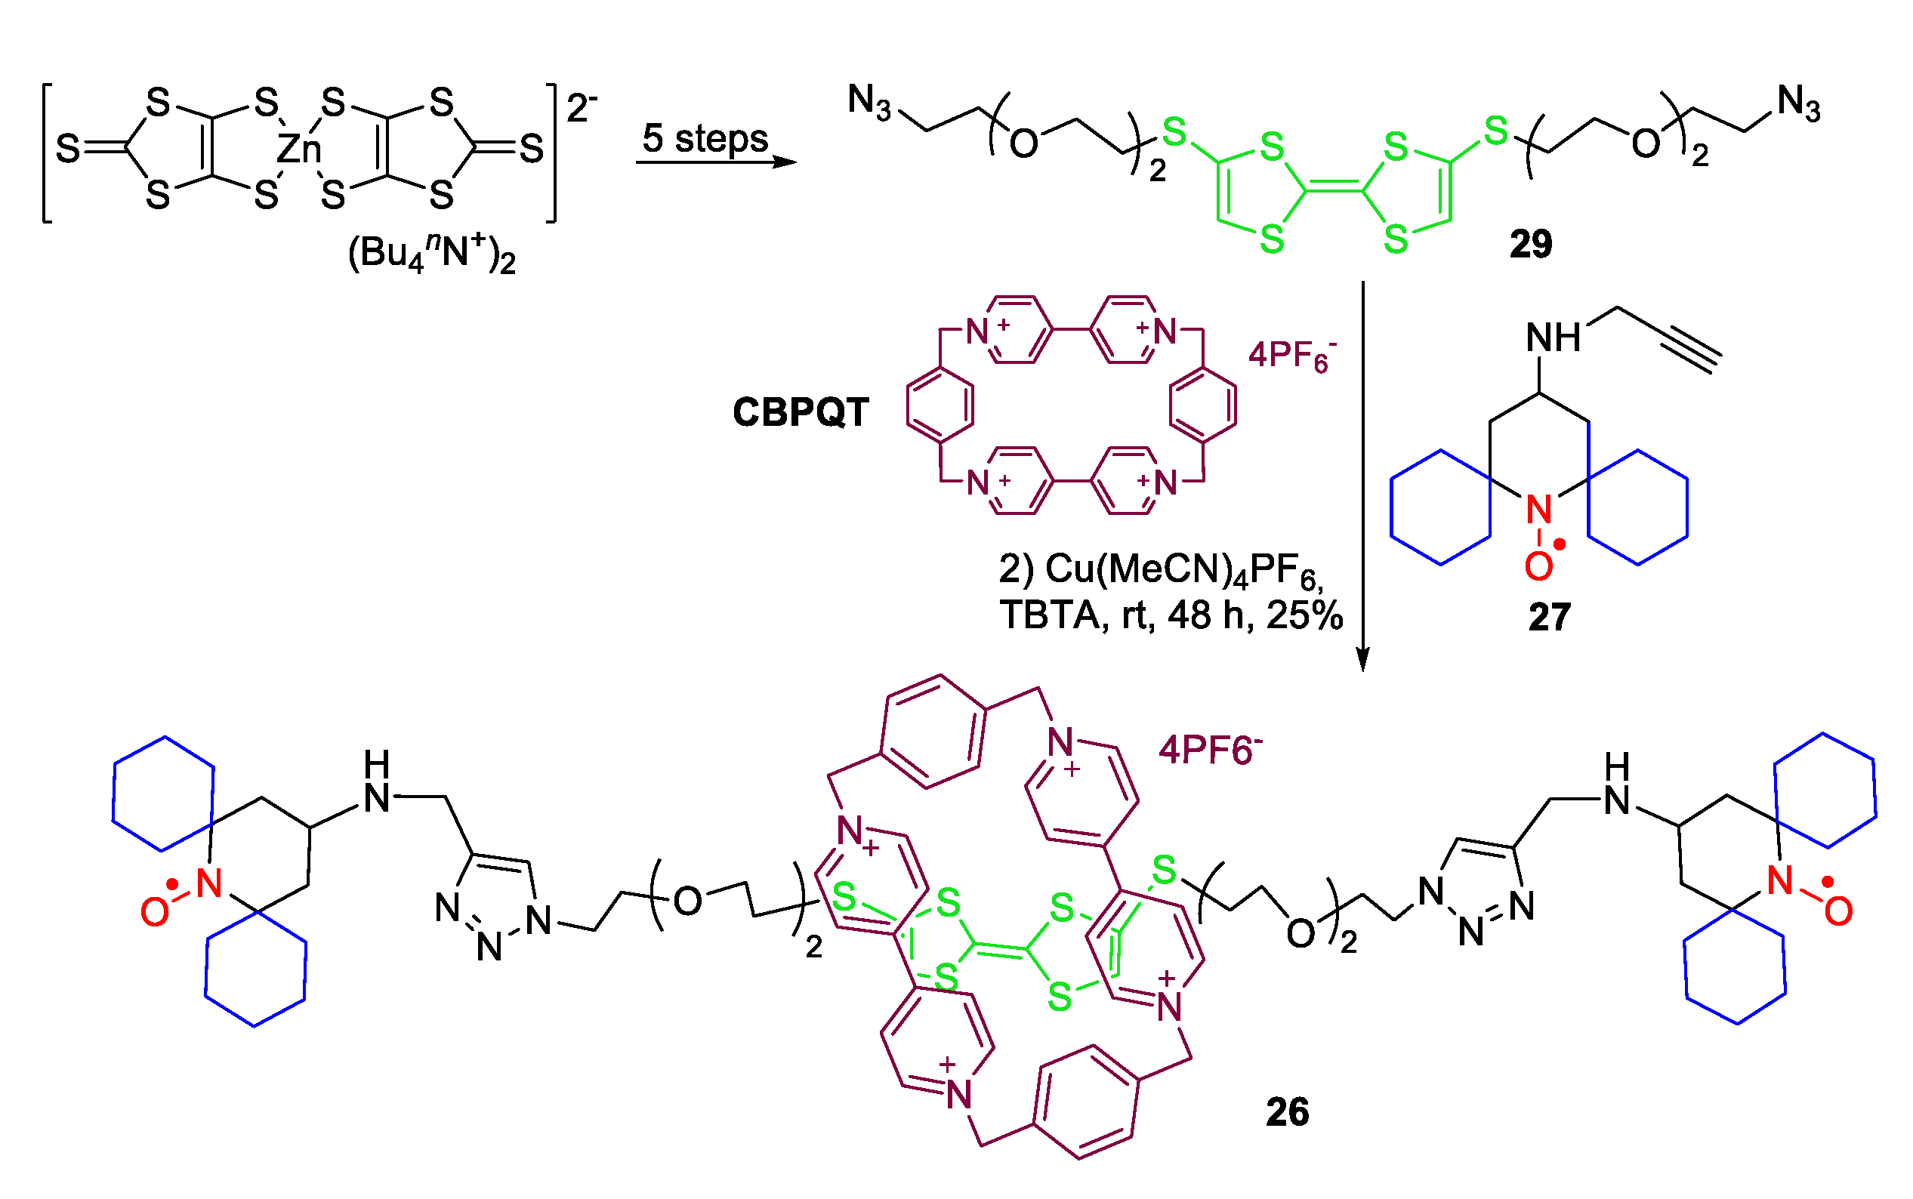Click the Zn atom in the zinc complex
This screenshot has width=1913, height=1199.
(298, 149)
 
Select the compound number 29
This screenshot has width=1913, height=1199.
(1530, 243)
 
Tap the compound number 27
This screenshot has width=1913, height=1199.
(1549, 616)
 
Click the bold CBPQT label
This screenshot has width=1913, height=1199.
(801, 412)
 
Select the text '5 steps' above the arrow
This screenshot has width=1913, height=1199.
(705, 138)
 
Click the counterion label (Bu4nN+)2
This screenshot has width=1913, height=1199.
(431, 254)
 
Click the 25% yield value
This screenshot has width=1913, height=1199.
(1305, 615)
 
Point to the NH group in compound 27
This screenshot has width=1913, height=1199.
(1553, 338)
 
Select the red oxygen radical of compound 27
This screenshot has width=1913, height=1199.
(1538, 566)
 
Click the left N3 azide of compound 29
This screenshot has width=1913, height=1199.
(869, 102)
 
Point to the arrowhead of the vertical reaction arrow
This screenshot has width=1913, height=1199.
(1362, 660)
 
